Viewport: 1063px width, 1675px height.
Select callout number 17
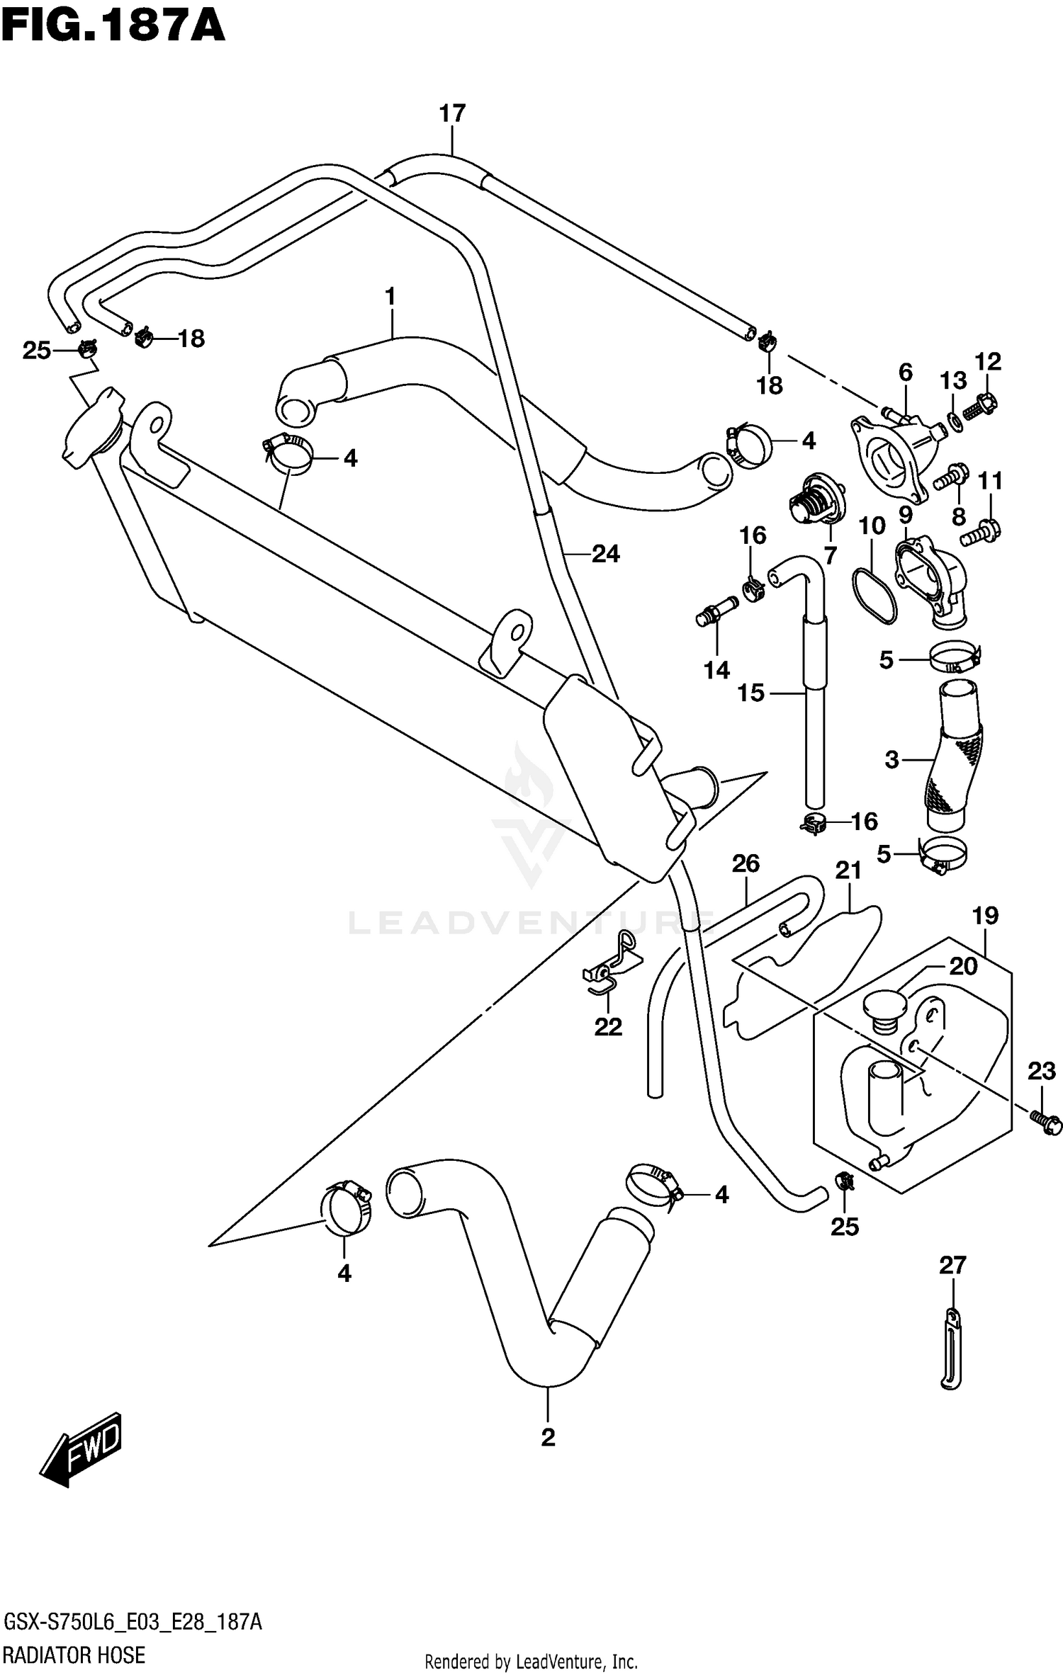point(451,113)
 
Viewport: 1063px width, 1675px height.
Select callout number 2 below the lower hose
point(547,1438)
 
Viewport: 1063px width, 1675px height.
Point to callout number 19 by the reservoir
point(984,916)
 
